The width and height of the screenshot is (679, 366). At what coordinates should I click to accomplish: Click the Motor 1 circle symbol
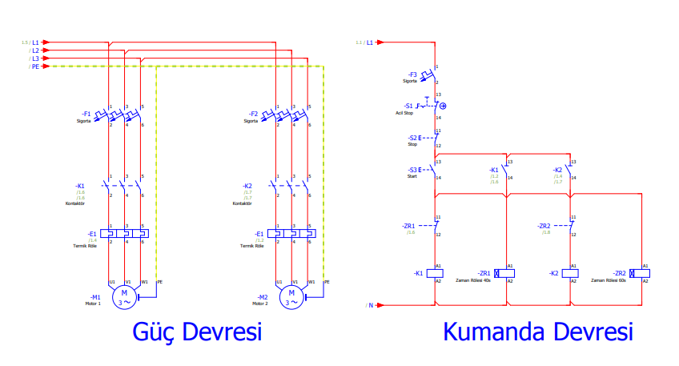pyautogui.click(x=124, y=298)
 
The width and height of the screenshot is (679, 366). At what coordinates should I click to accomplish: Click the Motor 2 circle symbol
pyautogui.click(x=292, y=298)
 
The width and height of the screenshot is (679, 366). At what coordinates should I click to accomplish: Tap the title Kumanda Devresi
pyautogui.click(x=538, y=332)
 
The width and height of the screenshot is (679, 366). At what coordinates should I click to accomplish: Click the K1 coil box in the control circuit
pyautogui.click(x=436, y=273)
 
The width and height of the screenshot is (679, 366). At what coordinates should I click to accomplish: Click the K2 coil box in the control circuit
pyautogui.click(x=570, y=273)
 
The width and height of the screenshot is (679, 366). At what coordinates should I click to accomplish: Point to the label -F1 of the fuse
pyautogui.click(x=86, y=114)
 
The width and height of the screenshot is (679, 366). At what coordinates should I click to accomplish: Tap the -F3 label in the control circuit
pyautogui.click(x=412, y=74)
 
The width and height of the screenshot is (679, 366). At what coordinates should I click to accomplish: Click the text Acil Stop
pyautogui.click(x=404, y=113)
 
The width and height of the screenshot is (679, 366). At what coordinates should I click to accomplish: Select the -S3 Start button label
pyautogui.click(x=413, y=170)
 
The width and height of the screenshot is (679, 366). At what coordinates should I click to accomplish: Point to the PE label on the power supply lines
pyautogui.click(x=35, y=66)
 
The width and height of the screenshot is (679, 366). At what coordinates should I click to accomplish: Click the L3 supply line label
pyautogui.click(x=35, y=58)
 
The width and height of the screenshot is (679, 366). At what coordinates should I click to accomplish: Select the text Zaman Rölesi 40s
pyautogui.click(x=473, y=281)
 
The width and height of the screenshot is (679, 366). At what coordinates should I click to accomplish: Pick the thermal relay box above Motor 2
pyautogui.click(x=293, y=234)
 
